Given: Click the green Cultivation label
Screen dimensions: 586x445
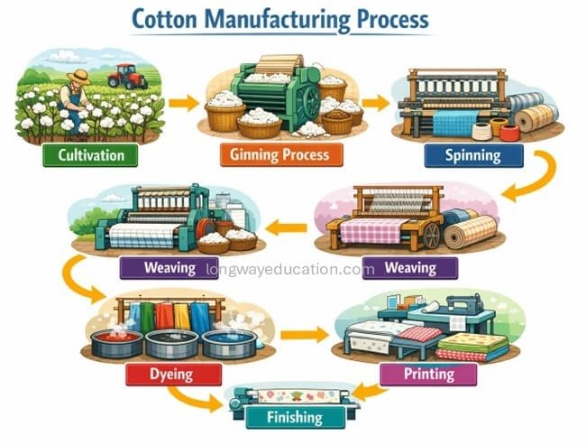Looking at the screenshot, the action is point(90,155).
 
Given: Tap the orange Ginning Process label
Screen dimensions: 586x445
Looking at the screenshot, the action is point(281,154).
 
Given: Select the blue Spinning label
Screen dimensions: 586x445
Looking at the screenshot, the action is point(474,155).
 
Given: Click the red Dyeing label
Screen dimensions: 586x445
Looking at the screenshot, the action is point(173,375).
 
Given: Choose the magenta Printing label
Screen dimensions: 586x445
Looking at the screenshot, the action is point(428,374).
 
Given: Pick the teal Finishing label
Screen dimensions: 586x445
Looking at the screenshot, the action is point(295,417).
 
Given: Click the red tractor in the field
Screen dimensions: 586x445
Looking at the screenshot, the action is point(127,76).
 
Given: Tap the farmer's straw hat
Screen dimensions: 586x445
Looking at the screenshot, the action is point(78,77).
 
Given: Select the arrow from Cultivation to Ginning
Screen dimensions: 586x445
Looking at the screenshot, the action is point(184,103).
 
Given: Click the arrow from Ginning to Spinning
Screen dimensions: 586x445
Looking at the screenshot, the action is point(376,103).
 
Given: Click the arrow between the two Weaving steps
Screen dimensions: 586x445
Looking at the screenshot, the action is point(286,227).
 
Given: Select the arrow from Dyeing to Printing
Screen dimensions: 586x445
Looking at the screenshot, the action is point(305,334).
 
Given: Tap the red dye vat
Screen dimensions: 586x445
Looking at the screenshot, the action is point(117,343).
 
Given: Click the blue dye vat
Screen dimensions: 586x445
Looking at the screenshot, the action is point(229,343).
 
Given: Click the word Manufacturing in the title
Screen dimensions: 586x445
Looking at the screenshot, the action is point(277,20).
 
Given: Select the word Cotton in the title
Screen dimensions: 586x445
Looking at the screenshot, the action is point(164,20).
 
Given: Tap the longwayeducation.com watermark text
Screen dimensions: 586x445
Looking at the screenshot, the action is point(290,269).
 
